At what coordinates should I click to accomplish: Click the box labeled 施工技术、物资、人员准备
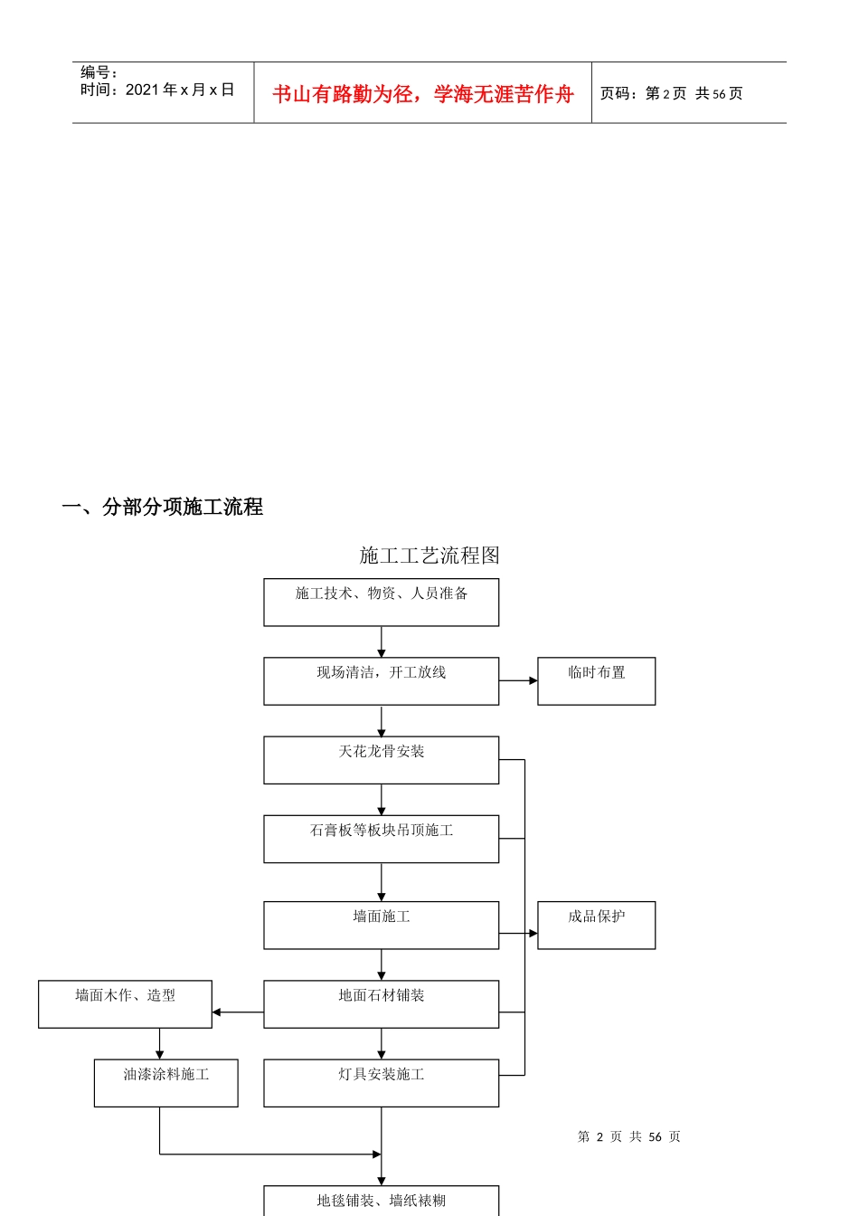pos(381,603)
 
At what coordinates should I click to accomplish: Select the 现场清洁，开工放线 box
pos(381,681)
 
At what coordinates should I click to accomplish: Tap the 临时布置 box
pos(596,681)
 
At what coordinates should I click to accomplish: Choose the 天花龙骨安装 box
pos(381,760)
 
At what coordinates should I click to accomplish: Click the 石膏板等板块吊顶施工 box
pos(381,839)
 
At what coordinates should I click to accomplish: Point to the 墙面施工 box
pos(381,925)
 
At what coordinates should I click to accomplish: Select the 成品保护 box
pos(596,925)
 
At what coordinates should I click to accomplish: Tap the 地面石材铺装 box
pos(381,1004)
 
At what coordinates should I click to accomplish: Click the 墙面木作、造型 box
pos(125,1004)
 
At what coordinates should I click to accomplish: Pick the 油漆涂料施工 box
pos(165,1083)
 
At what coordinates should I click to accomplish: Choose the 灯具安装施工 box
pos(381,1083)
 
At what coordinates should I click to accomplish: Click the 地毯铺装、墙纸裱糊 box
pos(381,1201)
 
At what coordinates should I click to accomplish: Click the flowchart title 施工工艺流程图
pos(429,556)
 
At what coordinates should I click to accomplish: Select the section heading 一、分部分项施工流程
pos(163,507)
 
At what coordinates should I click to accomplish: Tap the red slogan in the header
pos(423,94)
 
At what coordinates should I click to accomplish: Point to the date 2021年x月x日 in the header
pos(180,90)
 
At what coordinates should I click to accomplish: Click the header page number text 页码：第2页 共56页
pos(671,94)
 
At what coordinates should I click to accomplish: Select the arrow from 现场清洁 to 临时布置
pos(518,680)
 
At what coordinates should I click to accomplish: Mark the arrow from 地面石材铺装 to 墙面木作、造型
pos(238,1012)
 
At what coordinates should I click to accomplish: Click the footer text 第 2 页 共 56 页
pos(629,1136)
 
